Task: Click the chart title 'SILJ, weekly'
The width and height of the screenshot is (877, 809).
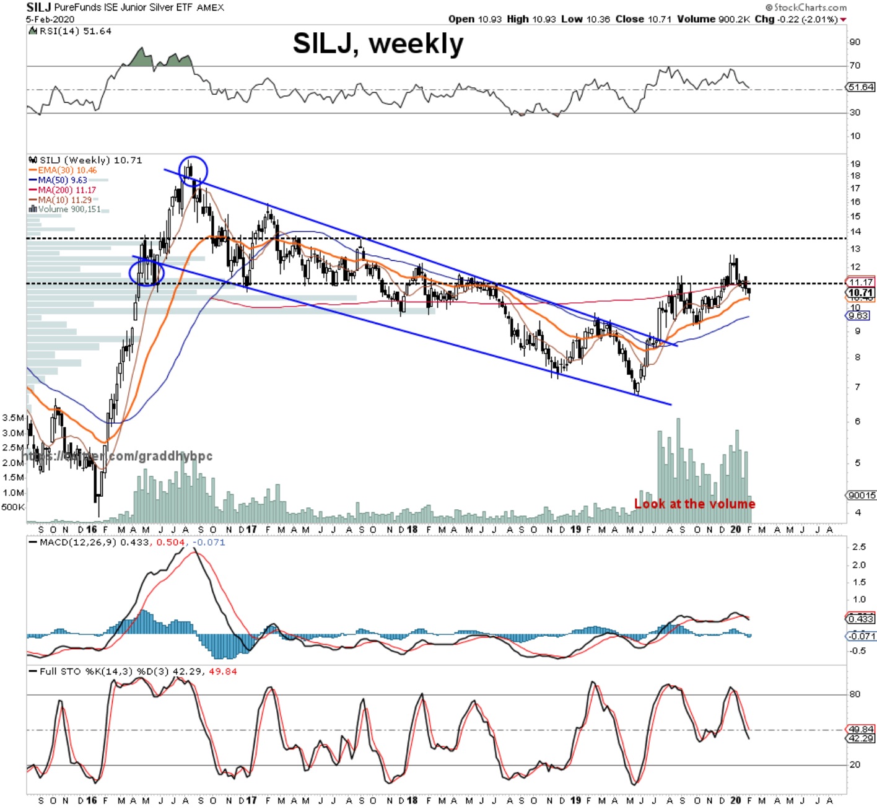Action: [378, 44]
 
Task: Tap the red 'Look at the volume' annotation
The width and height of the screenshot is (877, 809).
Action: [694, 504]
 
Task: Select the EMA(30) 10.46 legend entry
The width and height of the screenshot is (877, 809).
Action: [67, 170]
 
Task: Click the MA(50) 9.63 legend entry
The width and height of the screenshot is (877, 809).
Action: [62, 180]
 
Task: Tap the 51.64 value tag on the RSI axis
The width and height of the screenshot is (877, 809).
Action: [861, 87]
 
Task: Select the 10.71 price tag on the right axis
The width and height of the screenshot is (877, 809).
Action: [860, 293]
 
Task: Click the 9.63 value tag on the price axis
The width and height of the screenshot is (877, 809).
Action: [858, 316]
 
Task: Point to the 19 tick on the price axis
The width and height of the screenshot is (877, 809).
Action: [855, 164]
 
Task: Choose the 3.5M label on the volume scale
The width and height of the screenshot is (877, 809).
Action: [13, 418]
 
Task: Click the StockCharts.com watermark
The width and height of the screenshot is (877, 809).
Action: [806, 7]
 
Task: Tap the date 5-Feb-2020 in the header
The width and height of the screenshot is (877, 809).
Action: [50, 19]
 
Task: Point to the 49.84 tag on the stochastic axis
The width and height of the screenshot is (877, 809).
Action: [861, 730]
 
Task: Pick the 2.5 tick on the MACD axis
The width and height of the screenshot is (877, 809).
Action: [858, 547]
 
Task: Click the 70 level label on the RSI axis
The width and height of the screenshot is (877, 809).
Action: [855, 66]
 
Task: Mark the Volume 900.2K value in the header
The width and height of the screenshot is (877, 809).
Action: [713, 19]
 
